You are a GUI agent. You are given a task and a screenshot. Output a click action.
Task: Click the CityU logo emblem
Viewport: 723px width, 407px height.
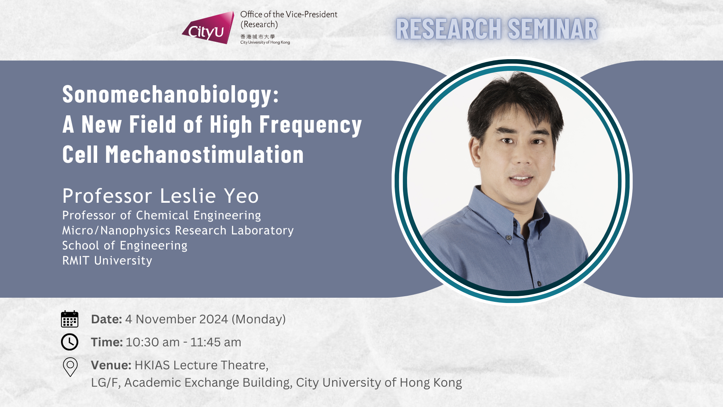pos(208,28)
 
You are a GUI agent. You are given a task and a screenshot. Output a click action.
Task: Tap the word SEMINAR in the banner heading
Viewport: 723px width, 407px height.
pos(552,29)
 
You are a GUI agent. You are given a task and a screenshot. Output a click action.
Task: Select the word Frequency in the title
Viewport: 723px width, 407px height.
pos(311,125)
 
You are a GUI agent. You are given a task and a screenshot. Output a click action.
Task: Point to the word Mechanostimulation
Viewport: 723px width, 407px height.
pos(204,155)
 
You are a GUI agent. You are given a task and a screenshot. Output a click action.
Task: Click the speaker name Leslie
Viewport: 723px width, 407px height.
pos(188,196)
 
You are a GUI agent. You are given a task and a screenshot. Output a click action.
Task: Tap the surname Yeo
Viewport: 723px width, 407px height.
pos(241,196)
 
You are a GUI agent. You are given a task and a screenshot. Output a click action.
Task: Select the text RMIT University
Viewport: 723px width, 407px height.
pos(107,260)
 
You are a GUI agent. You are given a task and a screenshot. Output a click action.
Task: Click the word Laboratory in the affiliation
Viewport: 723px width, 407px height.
pos(262,230)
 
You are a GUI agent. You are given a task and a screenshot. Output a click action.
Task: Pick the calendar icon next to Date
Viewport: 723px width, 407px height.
pos(70,319)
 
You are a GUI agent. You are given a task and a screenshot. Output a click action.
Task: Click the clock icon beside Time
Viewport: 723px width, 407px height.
pos(70,342)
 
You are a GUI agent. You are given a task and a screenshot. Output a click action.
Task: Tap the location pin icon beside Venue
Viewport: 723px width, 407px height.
pos(70,367)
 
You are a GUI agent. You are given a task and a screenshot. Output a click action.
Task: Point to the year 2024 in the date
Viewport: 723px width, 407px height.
pos(214,319)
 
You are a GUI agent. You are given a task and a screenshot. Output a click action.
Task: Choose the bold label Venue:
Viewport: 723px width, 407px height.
pos(111,365)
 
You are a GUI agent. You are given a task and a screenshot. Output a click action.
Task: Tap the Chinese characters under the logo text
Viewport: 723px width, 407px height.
pos(258,37)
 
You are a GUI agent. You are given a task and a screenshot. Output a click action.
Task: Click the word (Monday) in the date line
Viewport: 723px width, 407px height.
pos(259,320)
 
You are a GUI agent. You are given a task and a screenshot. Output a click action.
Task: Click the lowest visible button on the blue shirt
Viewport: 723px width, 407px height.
pos(539,283)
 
